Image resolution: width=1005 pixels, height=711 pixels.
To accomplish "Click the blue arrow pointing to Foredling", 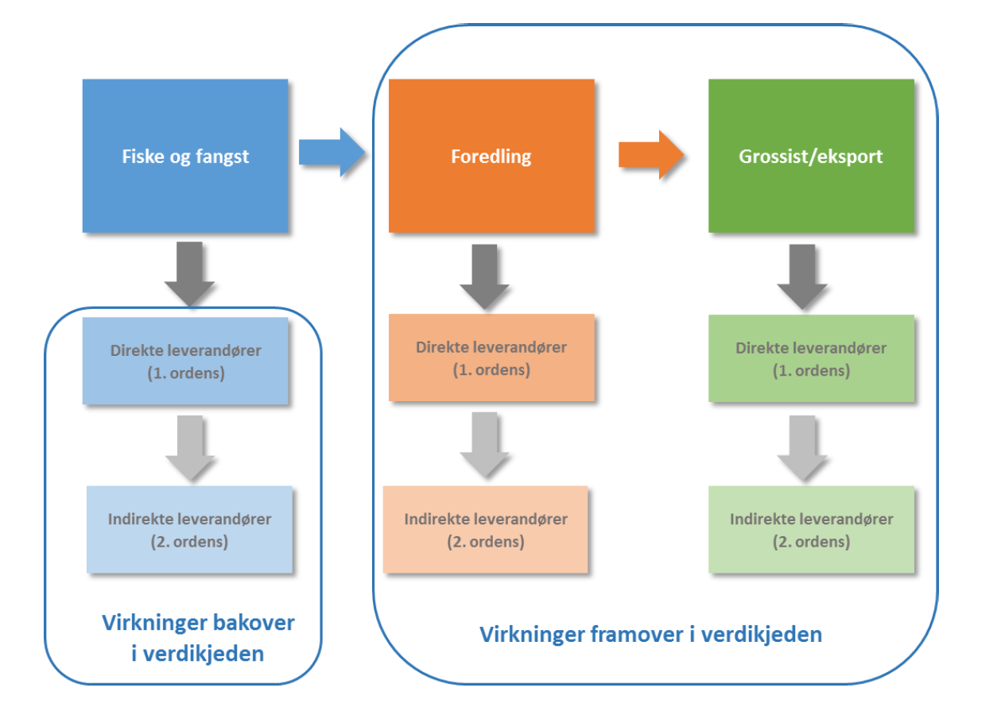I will point(330,152).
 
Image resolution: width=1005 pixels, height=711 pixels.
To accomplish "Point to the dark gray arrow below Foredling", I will point(484,275).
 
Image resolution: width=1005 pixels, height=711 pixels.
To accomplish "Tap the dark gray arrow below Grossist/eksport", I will point(801,275).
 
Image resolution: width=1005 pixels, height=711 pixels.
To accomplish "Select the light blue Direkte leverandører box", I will point(185,361).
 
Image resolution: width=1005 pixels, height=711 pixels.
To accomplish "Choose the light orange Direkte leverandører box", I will point(491,358).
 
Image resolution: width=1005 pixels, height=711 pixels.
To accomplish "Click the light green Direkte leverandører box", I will point(811,358).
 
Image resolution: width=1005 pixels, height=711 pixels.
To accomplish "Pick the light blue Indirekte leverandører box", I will point(189,531).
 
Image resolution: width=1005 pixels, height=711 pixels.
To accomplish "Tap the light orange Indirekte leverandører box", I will point(485,530).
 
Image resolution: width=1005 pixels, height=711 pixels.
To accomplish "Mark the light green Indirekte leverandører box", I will point(811,530).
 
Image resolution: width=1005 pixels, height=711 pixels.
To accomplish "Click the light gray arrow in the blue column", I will point(189,447).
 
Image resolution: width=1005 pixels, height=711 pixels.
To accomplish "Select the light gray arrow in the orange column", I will point(484,443).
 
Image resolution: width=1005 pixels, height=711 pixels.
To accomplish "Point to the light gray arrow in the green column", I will point(801,446).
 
